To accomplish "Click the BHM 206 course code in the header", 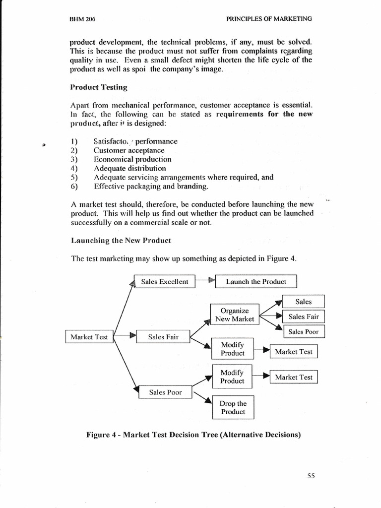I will tap(83, 19).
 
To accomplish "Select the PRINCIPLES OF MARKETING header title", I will tap(269, 19).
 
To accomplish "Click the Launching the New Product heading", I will tap(121, 240).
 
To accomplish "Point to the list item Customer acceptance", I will tap(128, 150).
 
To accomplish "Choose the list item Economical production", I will tap(132, 159).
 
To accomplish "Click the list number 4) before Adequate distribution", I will tap(74, 168).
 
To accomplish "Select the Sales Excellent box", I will tap(164, 282).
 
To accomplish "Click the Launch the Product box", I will tap(255, 282).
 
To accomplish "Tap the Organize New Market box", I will tap(234, 315).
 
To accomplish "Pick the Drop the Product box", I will tap(233, 407).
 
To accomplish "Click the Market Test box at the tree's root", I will tap(89, 337).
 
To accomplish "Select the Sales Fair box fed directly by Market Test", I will tap(163, 337).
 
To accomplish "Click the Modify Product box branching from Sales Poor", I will tap(232, 377).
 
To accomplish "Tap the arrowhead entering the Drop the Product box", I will tap(206, 402).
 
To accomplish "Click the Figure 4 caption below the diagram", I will tap(193, 435).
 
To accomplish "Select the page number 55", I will tap(311, 476).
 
